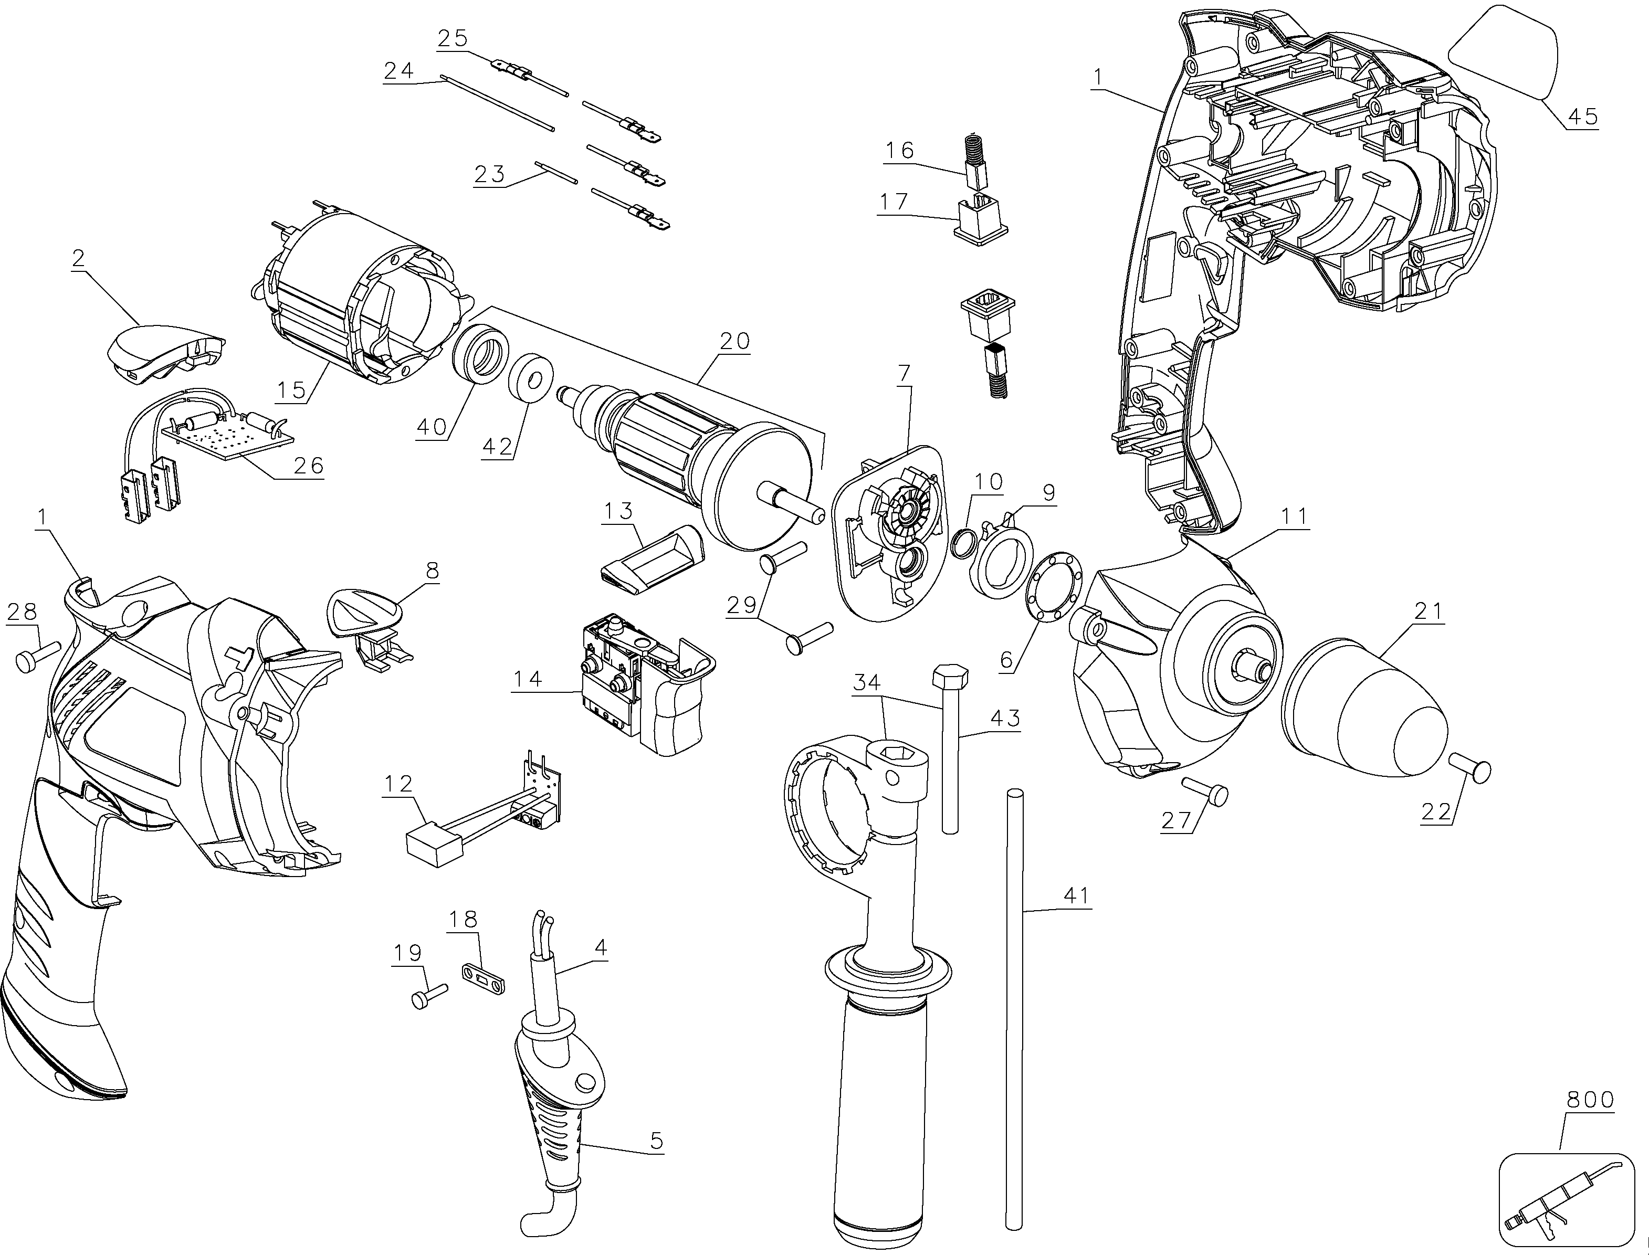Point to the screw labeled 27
pos(1205,791)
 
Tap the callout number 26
pos(308,466)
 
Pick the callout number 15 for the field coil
pos(291,390)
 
